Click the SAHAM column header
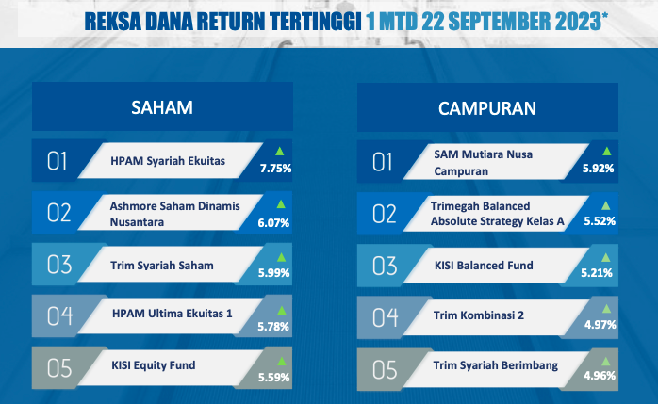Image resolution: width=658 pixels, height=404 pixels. click(x=162, y=107)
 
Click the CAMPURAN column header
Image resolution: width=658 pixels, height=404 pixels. click(x=487, y=108)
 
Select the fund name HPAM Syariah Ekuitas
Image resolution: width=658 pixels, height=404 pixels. click(x=168, y=161)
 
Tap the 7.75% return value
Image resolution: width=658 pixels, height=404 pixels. click(x=275, y=168)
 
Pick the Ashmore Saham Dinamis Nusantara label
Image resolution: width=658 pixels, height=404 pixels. click(x=175, y=214)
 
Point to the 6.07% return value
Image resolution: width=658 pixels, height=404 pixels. click(x=273, y=222)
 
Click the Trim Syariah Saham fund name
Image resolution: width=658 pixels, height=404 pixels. click(x=162, y=266)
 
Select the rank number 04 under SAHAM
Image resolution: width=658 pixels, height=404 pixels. click(x=59, y=316)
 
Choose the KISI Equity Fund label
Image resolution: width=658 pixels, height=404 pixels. click(x=153, y=365)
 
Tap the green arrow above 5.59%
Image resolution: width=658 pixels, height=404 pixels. click(x=282, y=361)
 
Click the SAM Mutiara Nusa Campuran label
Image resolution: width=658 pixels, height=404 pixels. click(x=483, y=163)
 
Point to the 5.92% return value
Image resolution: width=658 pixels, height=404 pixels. click(x=598, y=168)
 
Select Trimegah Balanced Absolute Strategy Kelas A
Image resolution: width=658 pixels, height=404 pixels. click(x=498, y=214)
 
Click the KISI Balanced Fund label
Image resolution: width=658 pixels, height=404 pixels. click(x=484, y=266)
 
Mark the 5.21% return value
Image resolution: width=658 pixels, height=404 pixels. click(x=597, y=273)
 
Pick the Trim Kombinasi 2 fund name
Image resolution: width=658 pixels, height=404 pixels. click(x=478, y=315)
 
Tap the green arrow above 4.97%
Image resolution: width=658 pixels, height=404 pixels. click(x=606, y=309)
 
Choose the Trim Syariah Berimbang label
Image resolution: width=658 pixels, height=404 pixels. click(x=496, y=365)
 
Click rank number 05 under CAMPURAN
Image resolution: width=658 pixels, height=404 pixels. click(x=385, y=370)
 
